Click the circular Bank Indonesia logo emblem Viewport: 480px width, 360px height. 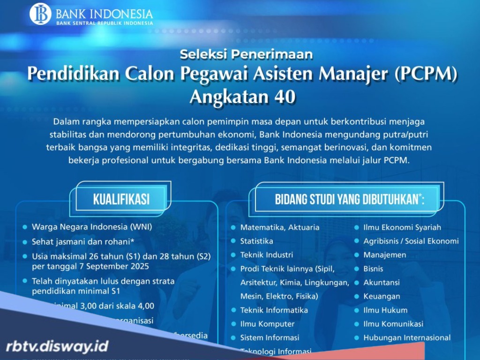(40, 14)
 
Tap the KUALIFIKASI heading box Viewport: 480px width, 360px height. (121, 199)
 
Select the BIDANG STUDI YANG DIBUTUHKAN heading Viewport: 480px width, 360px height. (350, 199)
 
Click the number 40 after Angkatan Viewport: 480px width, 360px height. (283, 97)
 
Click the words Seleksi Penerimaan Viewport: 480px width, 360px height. (246, 54)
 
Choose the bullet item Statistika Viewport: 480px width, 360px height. (256, 241)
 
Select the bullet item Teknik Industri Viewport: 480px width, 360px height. (266, 255)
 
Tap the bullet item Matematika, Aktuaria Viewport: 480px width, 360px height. (279, 227)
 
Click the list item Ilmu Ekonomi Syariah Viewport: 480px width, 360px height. (402, 227)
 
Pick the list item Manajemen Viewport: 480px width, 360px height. (384, 255)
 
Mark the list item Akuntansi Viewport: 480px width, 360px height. (381, 282)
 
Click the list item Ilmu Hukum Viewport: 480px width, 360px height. (385, 310)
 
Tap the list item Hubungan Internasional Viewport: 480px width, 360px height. (406, 337)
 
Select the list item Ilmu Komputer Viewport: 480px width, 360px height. (267, 324)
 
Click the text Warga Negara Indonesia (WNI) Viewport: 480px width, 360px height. (92, 227)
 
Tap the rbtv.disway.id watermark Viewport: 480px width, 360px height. (57, 346)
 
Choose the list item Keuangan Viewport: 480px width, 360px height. (382, 296)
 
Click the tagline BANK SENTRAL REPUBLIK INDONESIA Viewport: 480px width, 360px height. (105, 22)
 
